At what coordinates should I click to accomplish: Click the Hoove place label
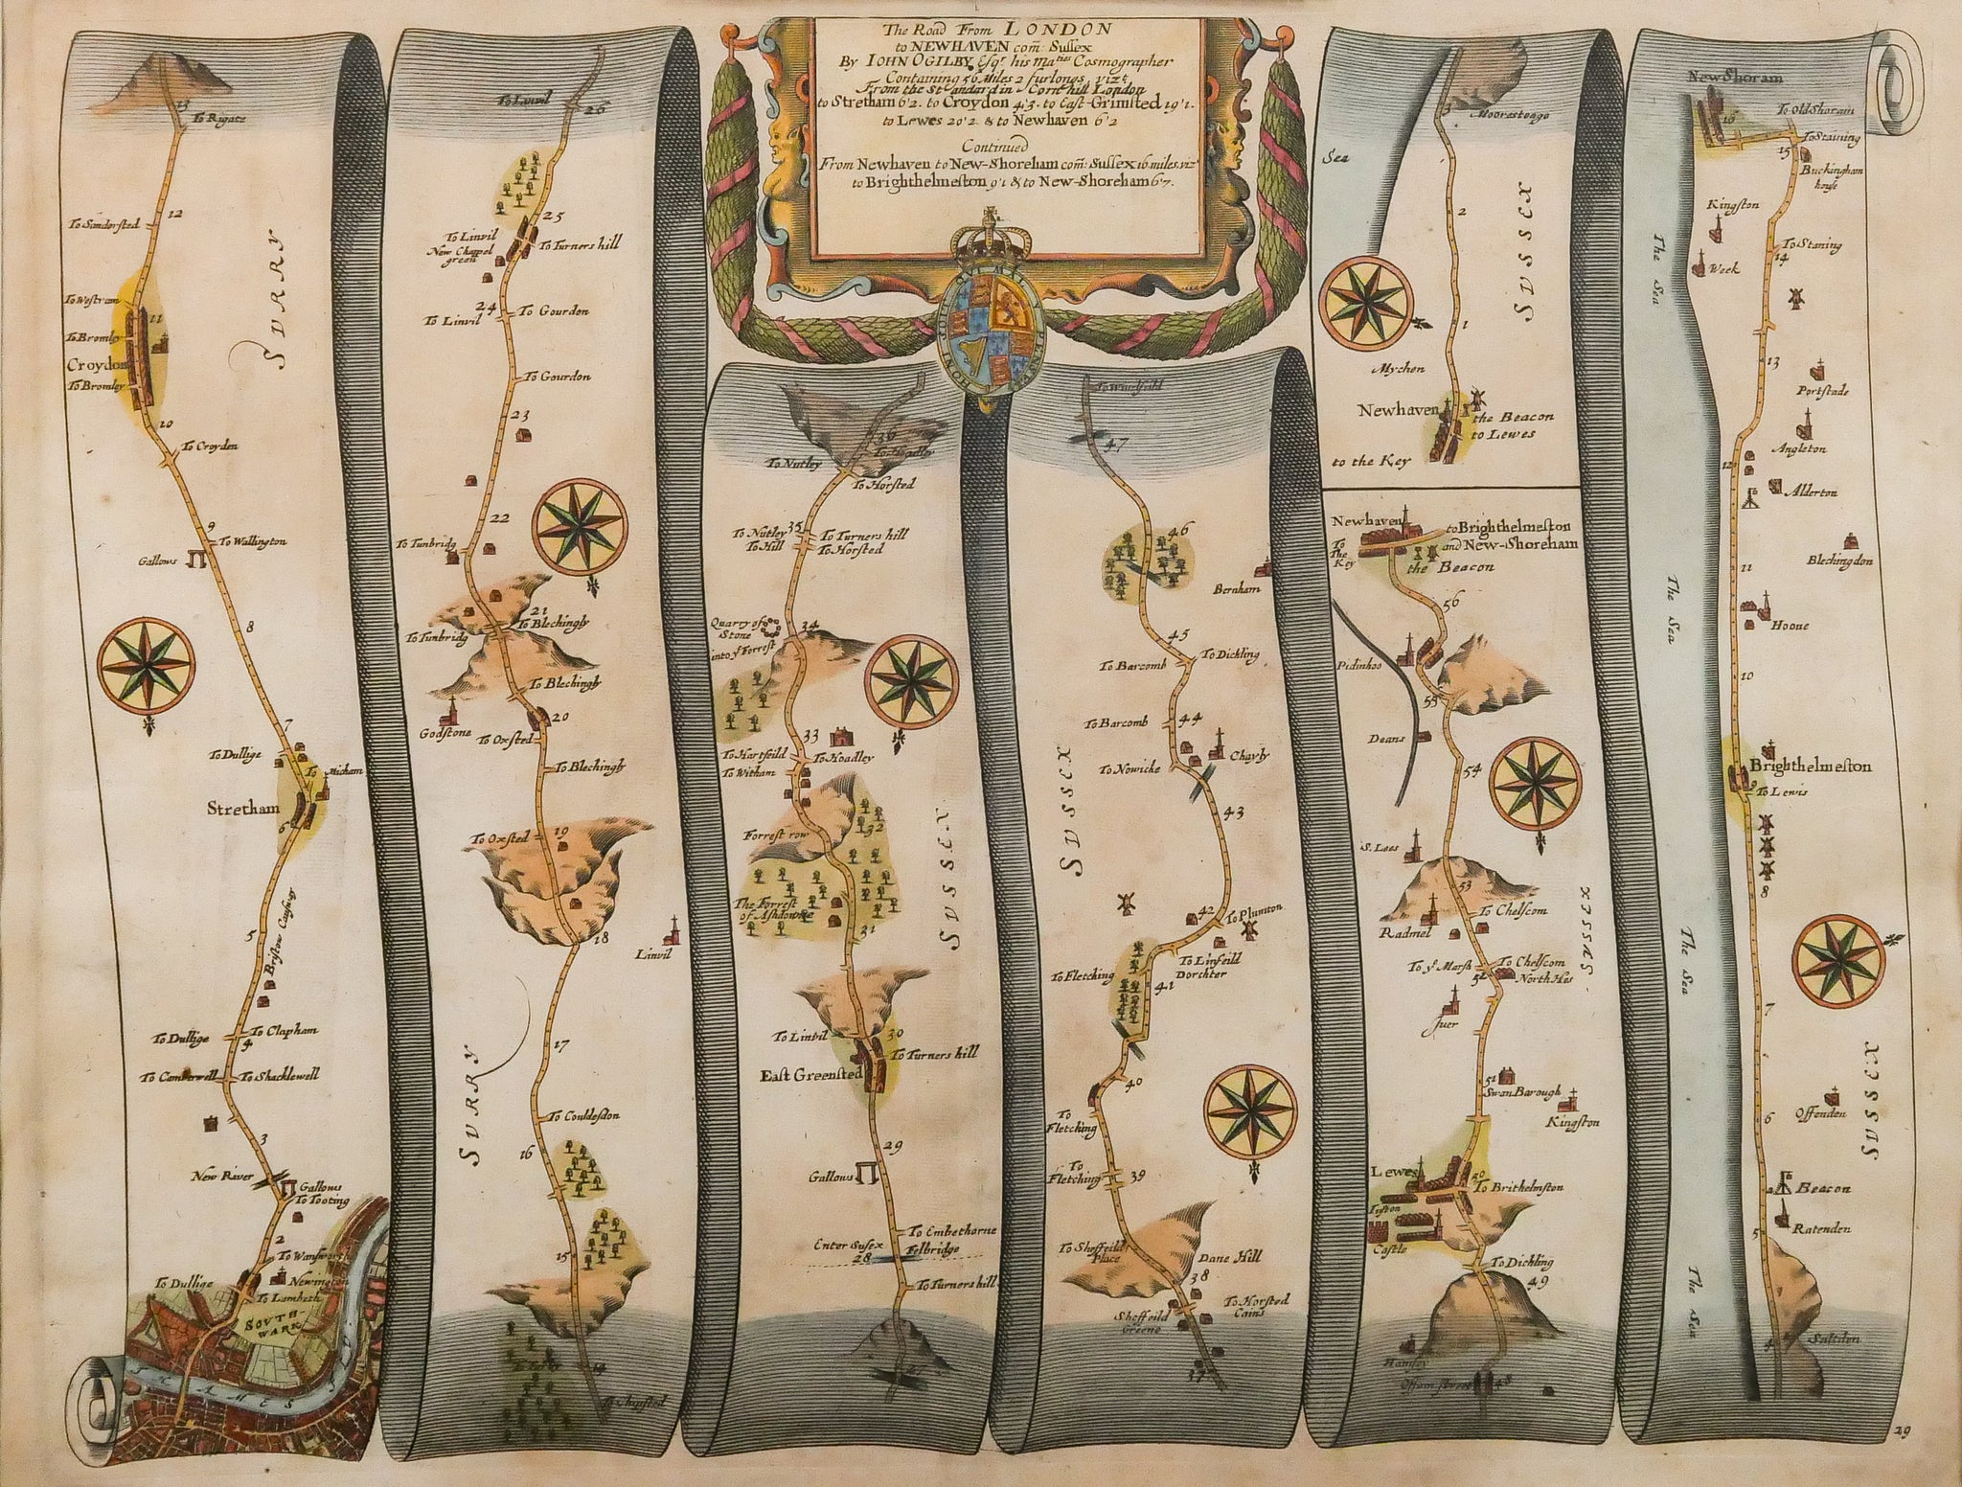pyautogui.click(x=1797, y=626)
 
